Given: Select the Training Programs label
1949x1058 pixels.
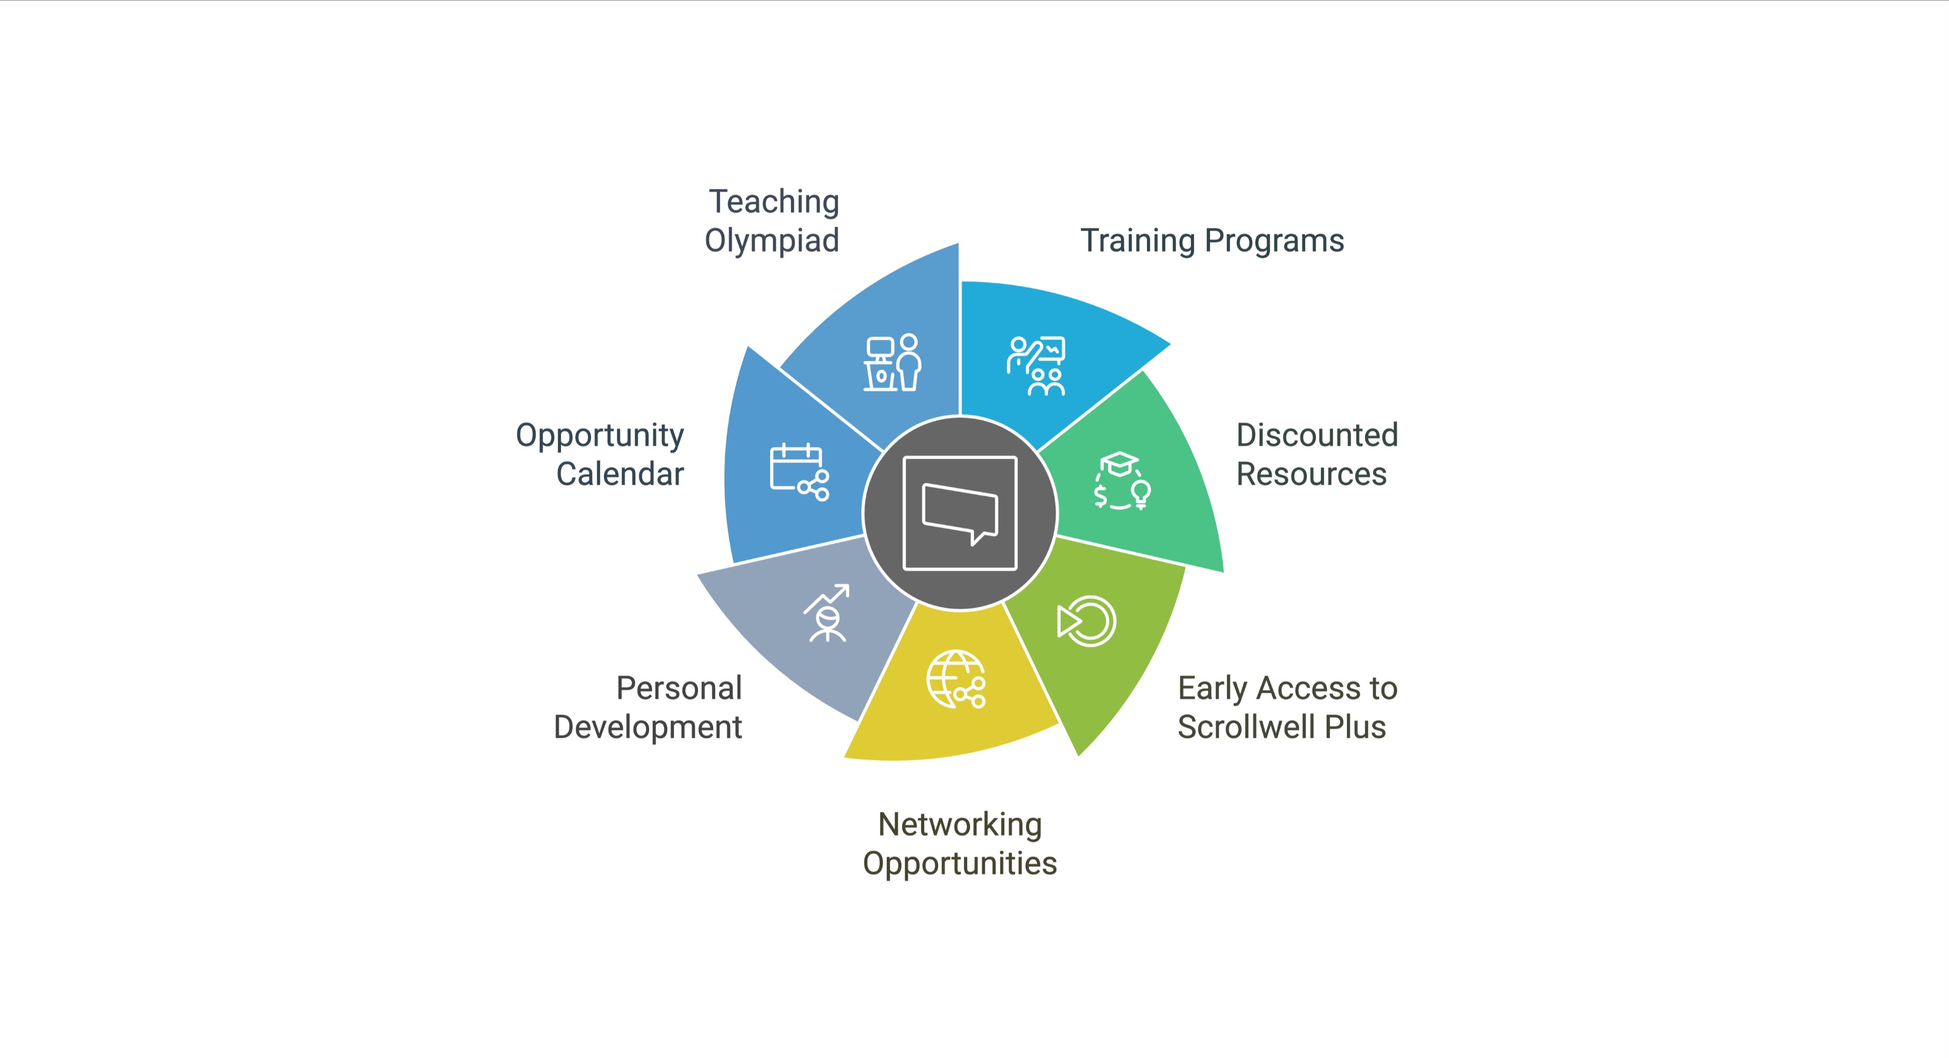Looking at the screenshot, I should [1212, 241].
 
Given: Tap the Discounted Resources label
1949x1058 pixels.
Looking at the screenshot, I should [1316, 454].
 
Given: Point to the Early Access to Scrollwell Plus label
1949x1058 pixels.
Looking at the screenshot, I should [1287, 707].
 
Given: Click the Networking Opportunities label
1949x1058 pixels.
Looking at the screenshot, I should [959, 843].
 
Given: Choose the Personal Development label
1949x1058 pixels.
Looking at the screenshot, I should [649, 707].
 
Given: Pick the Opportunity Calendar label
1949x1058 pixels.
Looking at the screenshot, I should [600, 454].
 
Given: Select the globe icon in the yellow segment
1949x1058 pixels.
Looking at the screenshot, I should [955, 679].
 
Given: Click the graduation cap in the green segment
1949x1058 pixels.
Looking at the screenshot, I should [1119, 463].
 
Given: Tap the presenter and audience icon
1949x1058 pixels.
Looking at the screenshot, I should [1036, 366].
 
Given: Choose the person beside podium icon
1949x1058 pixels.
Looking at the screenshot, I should [893, 363].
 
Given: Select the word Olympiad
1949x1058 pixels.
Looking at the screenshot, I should [772, 241].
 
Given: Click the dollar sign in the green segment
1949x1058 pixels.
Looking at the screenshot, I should [1101, 496].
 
